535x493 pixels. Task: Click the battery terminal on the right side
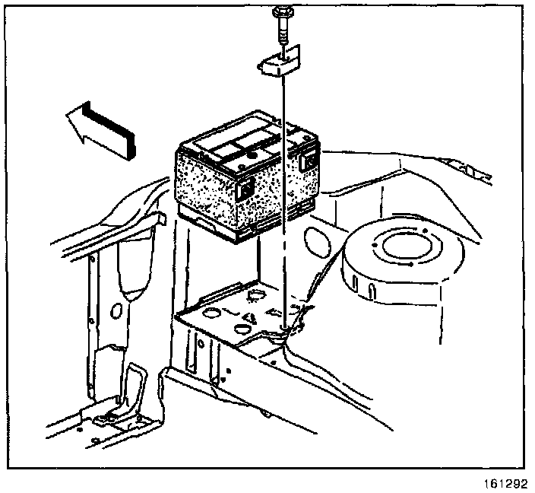309,159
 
